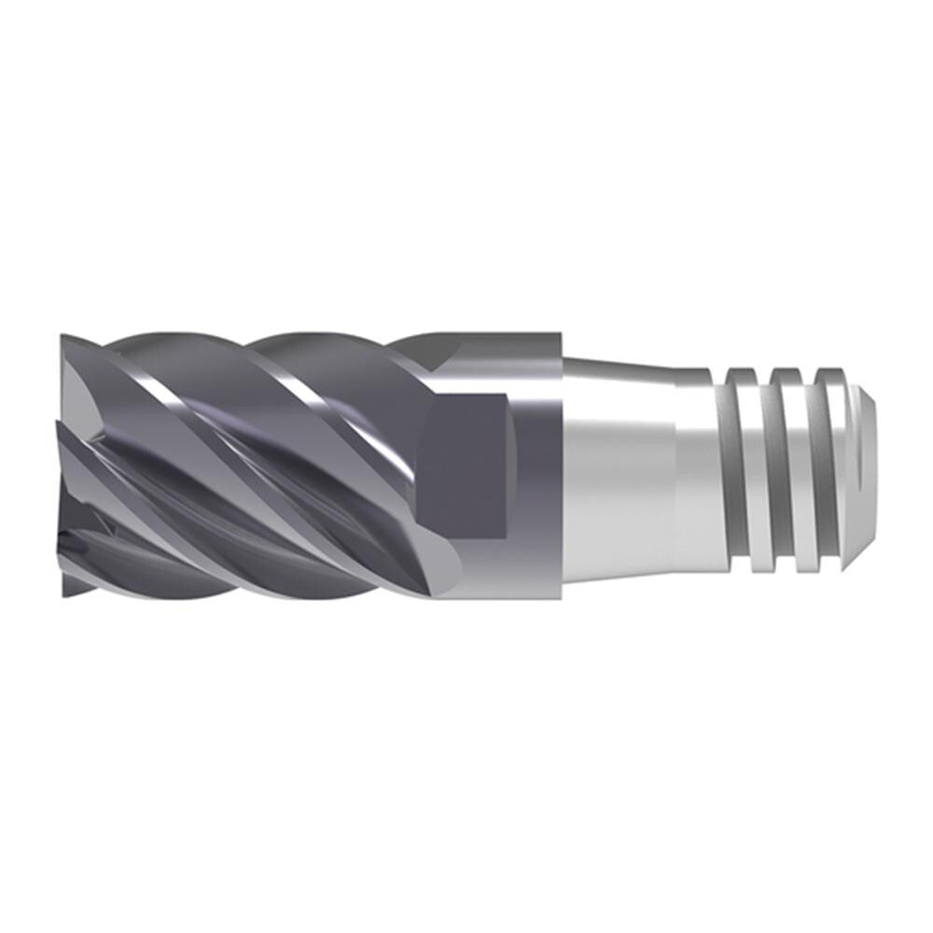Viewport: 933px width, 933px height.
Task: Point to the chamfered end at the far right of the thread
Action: (870, 466)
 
